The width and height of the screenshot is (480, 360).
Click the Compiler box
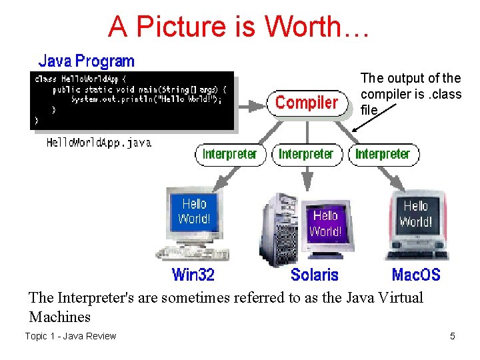click(307, 103)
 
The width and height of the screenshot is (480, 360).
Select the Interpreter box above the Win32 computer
click(229, 154)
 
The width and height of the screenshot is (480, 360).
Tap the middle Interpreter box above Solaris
click(306, 154)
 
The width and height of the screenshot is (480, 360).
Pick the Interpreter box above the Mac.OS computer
click(383, 154)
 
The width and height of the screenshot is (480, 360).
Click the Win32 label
click(193, 274)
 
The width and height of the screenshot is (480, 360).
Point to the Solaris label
click(314, 274)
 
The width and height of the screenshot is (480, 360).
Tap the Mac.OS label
click(416, 274)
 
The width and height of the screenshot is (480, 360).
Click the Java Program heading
click(86, 61)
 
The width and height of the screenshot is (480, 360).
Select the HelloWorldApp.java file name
click(99, 143)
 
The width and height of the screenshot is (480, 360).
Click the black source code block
click(133, 100)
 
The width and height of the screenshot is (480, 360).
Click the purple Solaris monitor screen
click(325, 223)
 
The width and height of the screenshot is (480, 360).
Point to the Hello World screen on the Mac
click(415, 214)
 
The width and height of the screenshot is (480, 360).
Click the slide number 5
click(453, 336)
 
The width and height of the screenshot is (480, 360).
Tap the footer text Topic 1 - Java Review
click(71, 336)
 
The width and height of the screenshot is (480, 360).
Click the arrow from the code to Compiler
click(251, 104)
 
